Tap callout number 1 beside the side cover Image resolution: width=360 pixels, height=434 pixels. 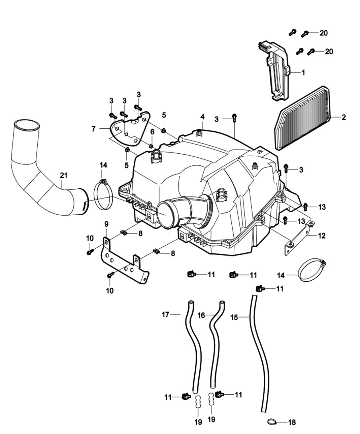tap(303, 72)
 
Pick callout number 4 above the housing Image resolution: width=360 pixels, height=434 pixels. tap(202, 117)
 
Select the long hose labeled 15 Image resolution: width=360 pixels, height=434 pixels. tap(261, 354)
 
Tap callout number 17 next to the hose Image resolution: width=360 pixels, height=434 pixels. tap(165, 315)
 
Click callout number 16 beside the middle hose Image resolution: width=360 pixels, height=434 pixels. tap(201, 315)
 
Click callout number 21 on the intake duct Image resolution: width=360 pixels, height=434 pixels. tap(64, 175)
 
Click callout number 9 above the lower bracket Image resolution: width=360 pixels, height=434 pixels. tap(106, 224)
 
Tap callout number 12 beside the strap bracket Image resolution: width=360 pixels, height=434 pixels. tap(322, 236)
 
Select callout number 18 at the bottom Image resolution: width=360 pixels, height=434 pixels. tap(292, 422)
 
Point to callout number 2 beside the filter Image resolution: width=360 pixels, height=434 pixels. tap(343, 117)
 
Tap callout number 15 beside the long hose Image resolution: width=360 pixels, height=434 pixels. tap(234, 317)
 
